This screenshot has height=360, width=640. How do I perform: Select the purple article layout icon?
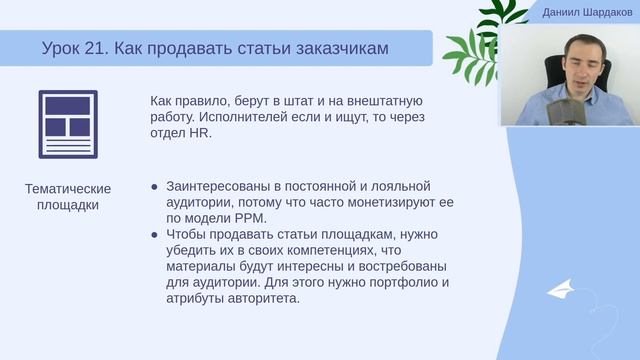coord(68,124)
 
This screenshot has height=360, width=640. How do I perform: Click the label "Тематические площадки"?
coord(68,197)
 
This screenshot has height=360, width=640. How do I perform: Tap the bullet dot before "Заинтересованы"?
coord(154,186)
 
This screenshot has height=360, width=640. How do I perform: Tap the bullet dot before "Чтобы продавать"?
coord(154,234)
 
